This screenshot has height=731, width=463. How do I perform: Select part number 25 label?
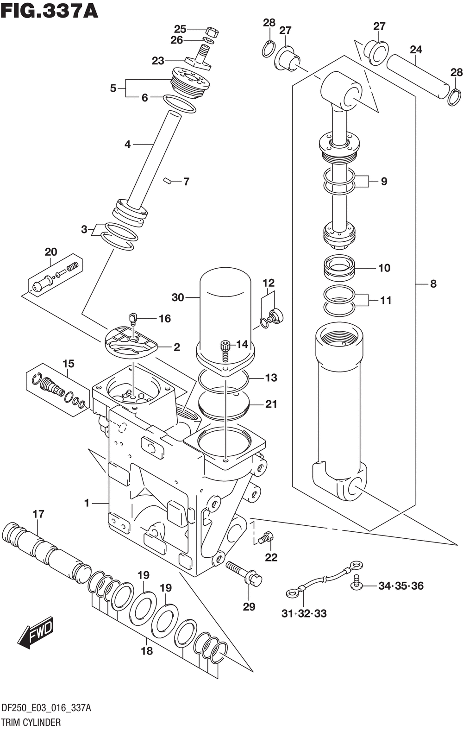click(180, 29)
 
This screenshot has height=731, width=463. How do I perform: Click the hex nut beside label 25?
click(212, 32)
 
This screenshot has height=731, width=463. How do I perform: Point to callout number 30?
click(178, 297)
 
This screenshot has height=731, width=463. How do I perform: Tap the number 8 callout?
click(433, 284)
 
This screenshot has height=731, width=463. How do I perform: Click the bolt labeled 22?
click(266, 538)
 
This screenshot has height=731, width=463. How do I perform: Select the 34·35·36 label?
click(400, 586)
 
